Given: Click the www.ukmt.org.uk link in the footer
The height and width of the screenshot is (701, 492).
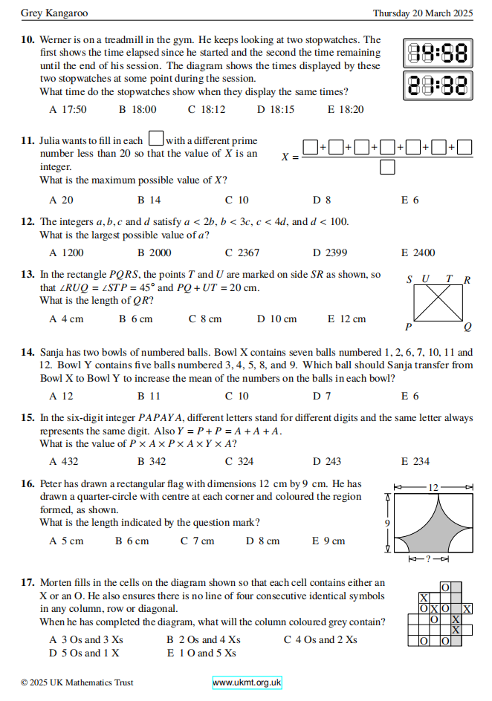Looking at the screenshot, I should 247,682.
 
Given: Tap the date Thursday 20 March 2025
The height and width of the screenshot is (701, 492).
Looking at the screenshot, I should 422,13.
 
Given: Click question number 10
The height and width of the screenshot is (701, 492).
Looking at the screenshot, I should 27,40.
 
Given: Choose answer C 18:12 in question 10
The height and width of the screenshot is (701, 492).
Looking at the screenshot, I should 207,110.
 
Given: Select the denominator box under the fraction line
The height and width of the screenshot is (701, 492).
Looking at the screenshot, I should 387,168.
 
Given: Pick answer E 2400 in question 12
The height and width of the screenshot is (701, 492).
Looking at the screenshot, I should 418,252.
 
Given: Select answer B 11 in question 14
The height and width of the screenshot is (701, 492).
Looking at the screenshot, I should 149,397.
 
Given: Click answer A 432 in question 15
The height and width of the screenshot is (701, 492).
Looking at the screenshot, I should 64,461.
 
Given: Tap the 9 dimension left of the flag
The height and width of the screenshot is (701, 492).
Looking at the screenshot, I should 387,523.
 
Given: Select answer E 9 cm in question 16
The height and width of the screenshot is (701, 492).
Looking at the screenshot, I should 328,541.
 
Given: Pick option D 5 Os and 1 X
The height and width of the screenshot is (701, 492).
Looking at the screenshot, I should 84,653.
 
